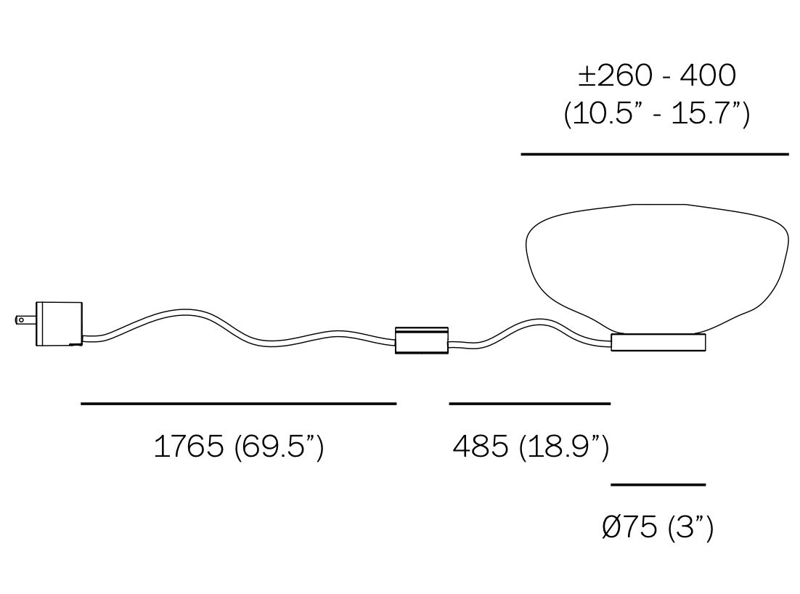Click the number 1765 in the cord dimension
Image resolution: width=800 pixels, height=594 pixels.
189,446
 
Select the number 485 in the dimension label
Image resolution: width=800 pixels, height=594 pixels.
480,446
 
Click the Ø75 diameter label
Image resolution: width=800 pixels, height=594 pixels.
629,526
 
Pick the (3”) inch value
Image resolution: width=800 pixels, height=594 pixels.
690,528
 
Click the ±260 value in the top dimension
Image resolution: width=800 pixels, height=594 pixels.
615,76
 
